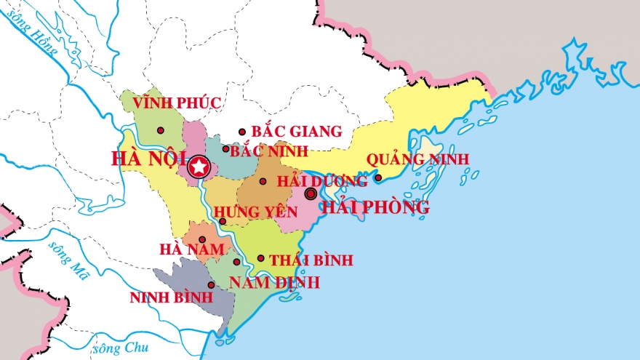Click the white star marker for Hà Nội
[198, 167]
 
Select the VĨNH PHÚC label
[177, 103]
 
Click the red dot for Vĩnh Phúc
[161, 130]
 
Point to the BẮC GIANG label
[296, 132]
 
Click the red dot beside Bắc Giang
[242, 132]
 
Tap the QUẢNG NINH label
[417, 159]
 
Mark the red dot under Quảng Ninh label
[378, 177]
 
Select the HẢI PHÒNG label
[375, 208]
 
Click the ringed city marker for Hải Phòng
[311, 193]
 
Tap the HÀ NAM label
[191, 249]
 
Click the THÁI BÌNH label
[311, 260]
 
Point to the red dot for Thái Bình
[260, 258]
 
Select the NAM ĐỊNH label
[274, 283]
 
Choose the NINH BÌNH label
[171, 297]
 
